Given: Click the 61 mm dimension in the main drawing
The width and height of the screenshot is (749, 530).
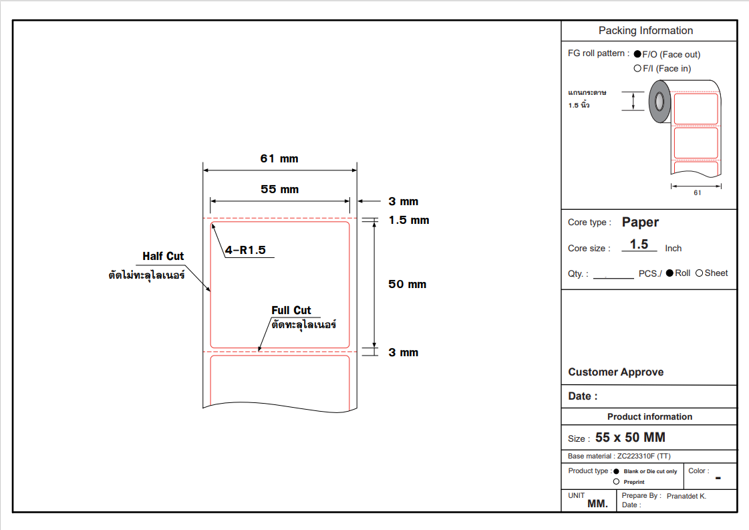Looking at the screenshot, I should [279, 159].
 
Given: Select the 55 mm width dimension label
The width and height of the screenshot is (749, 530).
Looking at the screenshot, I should [279, 190].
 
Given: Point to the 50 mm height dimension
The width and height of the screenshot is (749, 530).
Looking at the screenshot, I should [407, 285].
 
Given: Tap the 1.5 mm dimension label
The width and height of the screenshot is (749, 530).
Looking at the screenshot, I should [409, 221].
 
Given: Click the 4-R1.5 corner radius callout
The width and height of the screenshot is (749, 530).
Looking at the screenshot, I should [245, 251].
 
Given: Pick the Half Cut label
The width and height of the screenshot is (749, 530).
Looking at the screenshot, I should [163, 257].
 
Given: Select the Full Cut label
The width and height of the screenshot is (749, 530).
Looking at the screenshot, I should [291, 310].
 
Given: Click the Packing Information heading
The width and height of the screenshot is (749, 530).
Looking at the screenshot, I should [645, 31].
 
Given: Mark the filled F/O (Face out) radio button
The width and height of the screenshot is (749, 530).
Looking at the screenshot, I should [637, 55].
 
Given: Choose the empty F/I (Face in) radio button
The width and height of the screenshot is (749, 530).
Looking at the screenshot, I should [637, 69].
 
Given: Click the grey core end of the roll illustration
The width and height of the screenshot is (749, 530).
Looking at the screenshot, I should [659, 102].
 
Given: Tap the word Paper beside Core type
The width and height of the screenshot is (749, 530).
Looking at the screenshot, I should [640, 223].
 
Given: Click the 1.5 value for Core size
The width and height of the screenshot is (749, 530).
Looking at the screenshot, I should [639, 245].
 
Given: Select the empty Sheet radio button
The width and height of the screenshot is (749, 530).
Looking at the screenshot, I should [700, 273].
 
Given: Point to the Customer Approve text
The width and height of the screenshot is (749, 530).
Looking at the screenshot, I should [615, 372].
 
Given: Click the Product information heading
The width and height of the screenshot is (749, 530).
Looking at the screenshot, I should [649, 416].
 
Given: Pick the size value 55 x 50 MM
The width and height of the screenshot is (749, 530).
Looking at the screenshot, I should [630, 438].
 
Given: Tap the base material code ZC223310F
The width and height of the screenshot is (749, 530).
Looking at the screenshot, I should [635, 456].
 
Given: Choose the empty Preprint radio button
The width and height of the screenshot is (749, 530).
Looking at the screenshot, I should [616, 482].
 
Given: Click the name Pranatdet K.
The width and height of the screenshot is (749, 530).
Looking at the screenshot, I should [686, 496].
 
